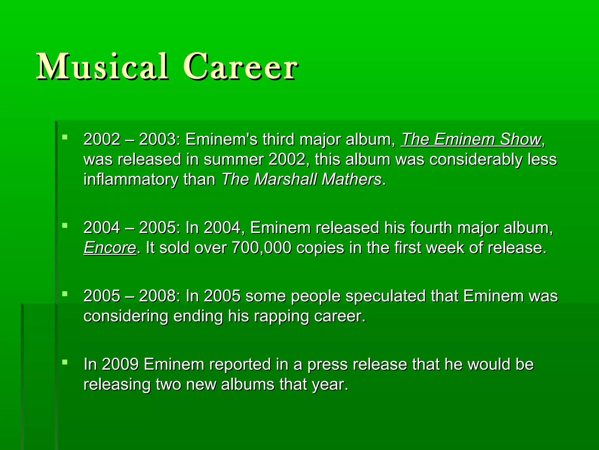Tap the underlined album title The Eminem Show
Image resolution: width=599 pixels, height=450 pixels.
pyautogui.click(x=471, y=139)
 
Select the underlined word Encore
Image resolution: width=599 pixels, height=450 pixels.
pyautogui.click(x=110, y=248)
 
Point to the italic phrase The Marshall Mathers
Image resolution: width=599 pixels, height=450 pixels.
pyautogui.click(x=302, y=179)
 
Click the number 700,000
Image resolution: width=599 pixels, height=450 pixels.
pyautogui.click(x=261, y=248)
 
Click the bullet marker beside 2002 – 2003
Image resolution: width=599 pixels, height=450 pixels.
pyautogui.click(x=65, y=137)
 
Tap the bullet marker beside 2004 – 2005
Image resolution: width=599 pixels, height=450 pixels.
pyautogui.click(x=65, y=225)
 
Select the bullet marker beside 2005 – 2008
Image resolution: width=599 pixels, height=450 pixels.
pyautogui.click(x=65, y=294)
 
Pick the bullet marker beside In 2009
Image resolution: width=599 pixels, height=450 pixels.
pyautogui.click(x=65, y=362)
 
